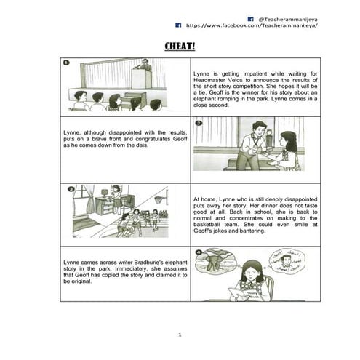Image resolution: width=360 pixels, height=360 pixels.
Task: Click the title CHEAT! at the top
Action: coord(180,47)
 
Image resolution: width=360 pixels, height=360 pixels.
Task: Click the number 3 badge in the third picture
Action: coord(71,190)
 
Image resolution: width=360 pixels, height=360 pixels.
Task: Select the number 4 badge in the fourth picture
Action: coord(198,251)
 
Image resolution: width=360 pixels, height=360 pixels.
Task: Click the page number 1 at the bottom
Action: coord(180,334)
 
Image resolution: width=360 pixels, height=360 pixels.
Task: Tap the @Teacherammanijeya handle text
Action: coord(287,17)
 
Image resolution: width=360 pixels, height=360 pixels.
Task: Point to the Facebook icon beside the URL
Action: coord(177,25)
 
